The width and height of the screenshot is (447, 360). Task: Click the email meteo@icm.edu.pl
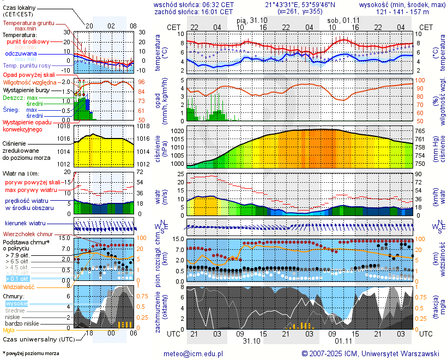[194, 353]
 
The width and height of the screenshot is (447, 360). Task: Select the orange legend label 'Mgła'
[9, 330]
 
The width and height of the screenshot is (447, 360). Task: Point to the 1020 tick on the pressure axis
[177, 131]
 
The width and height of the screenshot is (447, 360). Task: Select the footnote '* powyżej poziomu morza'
[31, 353]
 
